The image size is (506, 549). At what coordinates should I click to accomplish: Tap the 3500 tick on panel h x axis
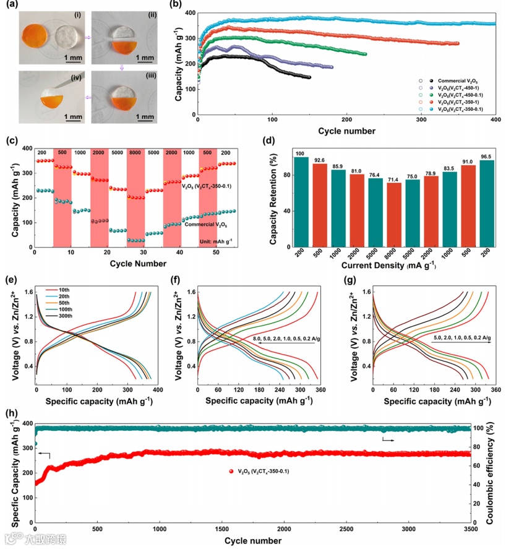[470, 530]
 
